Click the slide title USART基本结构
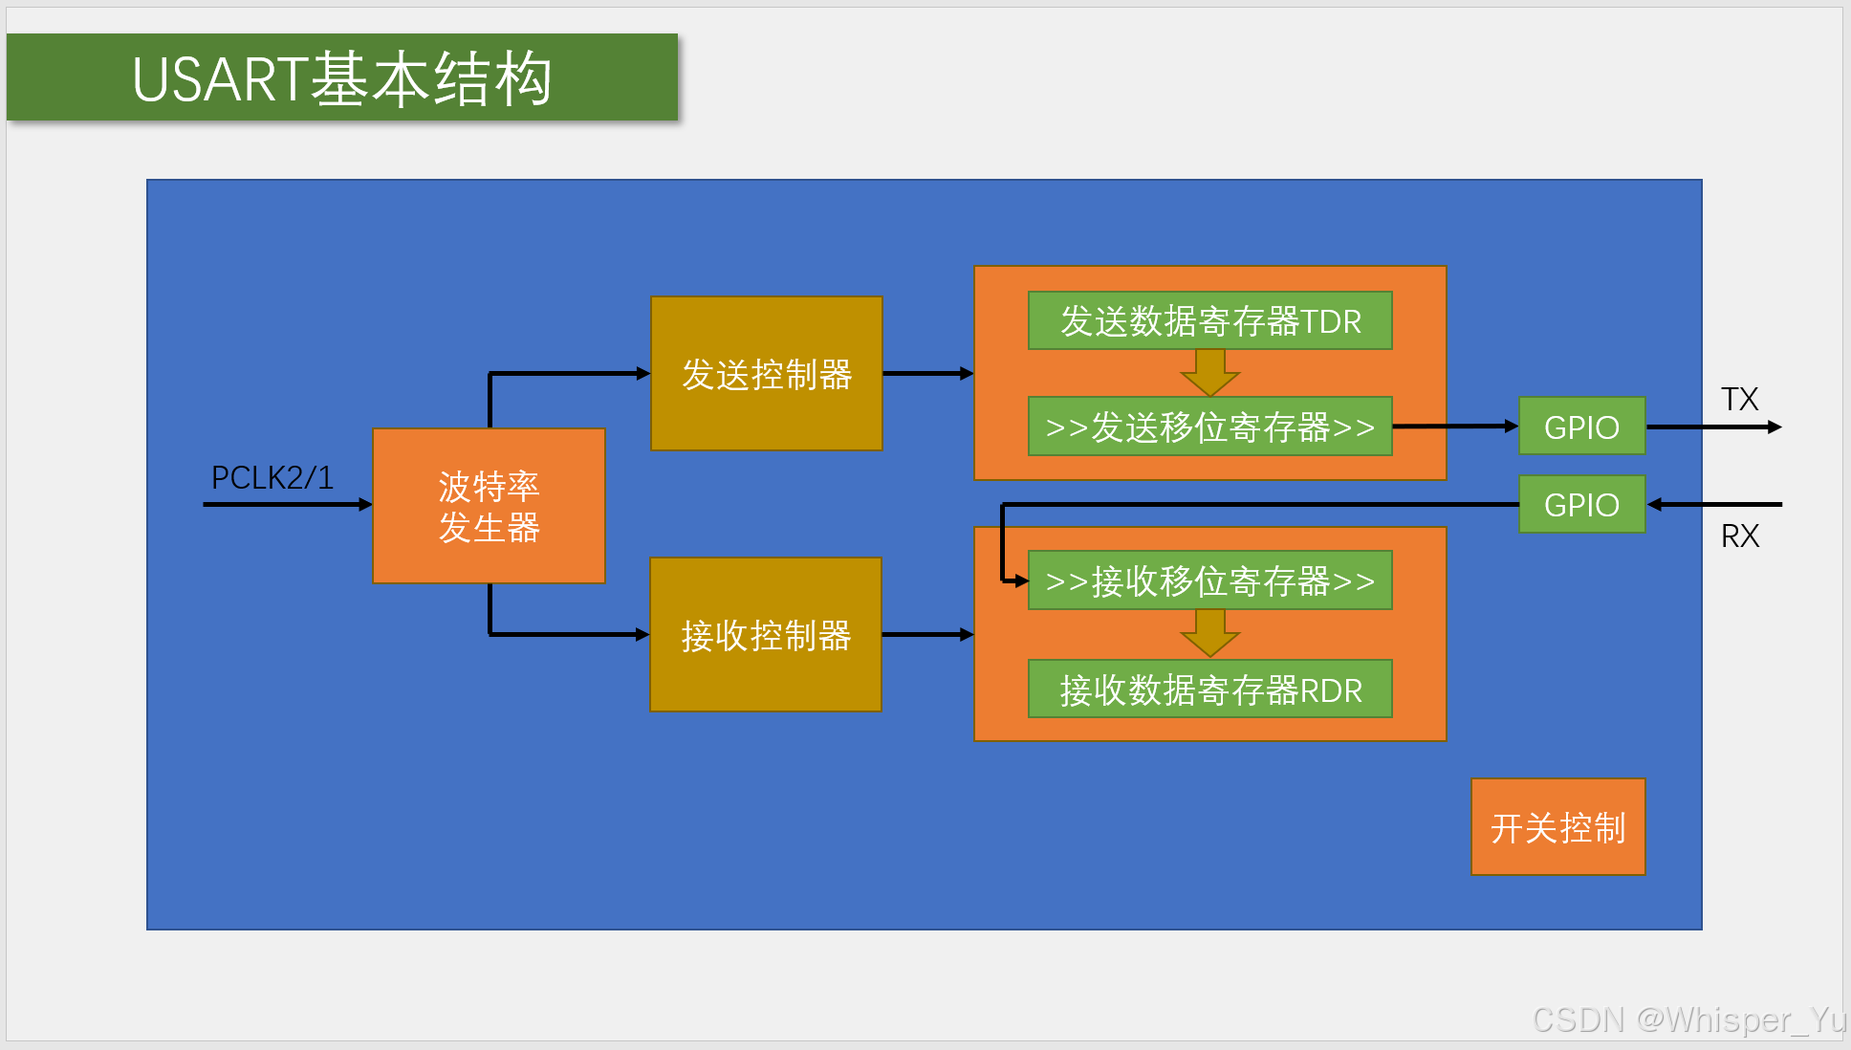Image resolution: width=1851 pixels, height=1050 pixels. pos(341,77)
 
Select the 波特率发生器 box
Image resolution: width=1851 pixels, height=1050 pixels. pos(489,506)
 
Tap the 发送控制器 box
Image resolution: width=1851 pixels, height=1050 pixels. pos(766,374)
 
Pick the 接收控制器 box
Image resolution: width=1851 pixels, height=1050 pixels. pos(765,635)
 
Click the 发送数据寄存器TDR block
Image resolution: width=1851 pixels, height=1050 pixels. pos(1209,321)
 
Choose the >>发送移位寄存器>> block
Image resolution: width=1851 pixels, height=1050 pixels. pos(1209,427)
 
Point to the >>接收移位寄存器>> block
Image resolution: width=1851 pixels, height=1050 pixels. pos(1209,580)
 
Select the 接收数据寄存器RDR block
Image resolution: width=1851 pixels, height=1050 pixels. pos(1209,689)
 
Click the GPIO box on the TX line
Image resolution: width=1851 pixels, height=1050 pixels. pos(1581,427)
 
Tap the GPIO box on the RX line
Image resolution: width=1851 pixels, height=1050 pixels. pos(1581,504)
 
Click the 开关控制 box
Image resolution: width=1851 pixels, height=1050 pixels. pos(1557,827)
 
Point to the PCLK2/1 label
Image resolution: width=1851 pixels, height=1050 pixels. pos(272,477)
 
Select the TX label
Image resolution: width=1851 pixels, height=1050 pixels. pos(1739,399)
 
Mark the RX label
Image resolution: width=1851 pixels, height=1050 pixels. pos(1739,536)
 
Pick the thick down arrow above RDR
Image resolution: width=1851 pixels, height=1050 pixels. pos(1209,633)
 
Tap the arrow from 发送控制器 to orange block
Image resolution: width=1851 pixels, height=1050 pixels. pos(926,374)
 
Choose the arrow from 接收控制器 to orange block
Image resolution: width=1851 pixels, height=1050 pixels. pos(926,634)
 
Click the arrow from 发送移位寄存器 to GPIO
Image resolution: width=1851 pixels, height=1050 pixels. pos(1454,427)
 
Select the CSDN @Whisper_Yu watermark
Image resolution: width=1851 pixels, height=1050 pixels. pos(1688,1019)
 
